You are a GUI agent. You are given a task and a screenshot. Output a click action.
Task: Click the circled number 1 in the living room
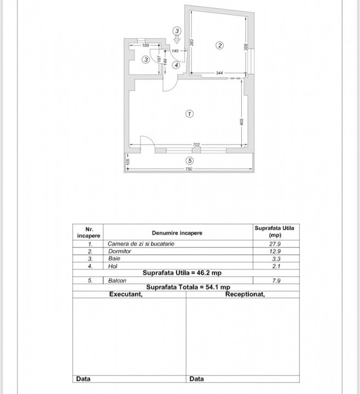coord(189,114)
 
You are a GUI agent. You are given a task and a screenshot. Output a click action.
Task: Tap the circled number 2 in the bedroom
coord(220,45)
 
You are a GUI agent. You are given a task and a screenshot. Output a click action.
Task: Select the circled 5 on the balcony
coord(190,160)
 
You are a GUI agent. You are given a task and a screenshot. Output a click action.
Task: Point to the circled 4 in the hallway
coord(176,65)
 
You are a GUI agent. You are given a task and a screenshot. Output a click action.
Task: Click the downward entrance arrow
coord(177,39)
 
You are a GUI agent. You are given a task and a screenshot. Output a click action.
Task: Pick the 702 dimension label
coord(196,144)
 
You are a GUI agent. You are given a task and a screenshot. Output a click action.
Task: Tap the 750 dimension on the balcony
coord(189,169)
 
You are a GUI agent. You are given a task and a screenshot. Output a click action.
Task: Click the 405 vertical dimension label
coord(242,122)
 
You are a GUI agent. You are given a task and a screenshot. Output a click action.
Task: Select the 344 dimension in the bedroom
coord(219,73)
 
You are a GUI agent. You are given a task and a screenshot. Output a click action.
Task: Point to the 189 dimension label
coord(146,45)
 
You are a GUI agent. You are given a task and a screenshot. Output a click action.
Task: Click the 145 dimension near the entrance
coord(175,51)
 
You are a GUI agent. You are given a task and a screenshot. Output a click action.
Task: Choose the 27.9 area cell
coord(275,244)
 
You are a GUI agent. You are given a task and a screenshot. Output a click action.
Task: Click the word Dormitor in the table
coord(120,251)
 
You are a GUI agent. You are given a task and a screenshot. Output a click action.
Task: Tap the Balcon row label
coord(117,280)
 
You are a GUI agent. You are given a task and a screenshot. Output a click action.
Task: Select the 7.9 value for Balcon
coord(276,281)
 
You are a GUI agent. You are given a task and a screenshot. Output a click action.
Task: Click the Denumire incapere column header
coord(177,233)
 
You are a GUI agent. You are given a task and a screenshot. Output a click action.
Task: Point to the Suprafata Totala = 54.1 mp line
coord(188,287)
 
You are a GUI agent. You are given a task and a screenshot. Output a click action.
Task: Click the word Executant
coord(126,294)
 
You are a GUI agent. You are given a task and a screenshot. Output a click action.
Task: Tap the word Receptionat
coord(245,294)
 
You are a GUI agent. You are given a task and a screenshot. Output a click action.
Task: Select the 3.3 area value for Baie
coord(276,259)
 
